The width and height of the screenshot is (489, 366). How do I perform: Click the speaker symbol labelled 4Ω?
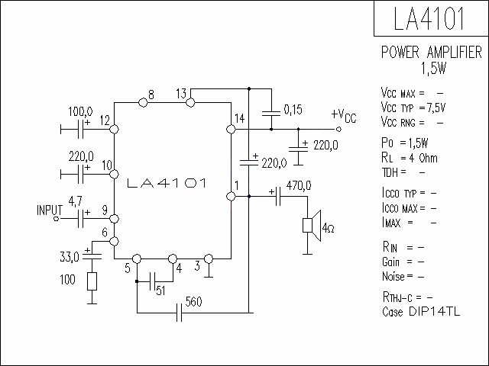coord(312,226)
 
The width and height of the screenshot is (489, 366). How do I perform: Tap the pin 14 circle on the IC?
coord(231,129)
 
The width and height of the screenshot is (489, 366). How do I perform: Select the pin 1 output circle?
coord(231,197)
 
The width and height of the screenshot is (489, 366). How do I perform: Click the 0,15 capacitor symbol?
coord(271,114)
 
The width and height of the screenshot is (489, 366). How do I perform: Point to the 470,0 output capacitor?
coord(278,197)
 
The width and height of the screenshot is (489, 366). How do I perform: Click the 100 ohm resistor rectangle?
coord(92,281)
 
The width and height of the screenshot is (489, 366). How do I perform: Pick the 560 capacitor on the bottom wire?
coord(179,313)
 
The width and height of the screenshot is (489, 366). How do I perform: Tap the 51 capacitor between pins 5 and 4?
coord(153,281)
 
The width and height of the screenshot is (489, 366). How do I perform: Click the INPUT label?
coord(50,210)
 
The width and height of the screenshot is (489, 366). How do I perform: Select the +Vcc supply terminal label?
coord(343,116)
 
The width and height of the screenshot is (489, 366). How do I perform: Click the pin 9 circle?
coord(114,219)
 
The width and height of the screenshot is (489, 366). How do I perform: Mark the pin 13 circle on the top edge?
coord(190,102)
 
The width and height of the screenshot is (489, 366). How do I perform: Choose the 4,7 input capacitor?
coord(81,219)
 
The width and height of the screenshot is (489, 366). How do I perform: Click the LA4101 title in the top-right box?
coord(429,18)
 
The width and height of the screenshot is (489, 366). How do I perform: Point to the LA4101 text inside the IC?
coord(167,183)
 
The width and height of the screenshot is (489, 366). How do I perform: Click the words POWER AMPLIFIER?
coord(432,53)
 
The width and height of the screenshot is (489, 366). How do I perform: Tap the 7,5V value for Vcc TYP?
coord(436,108)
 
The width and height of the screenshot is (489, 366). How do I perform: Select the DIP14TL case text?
coord(435,312)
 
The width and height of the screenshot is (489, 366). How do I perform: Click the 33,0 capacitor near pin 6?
coord(92,257)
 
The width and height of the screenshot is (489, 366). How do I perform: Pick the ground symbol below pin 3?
coord(209,271)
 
